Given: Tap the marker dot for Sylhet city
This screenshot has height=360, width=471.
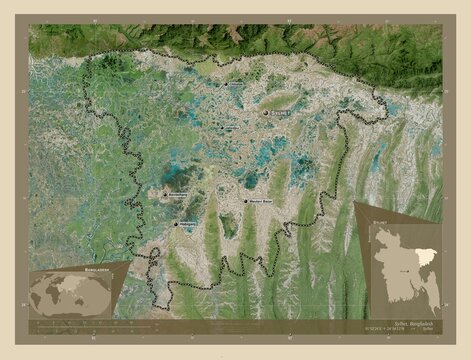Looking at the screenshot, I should (266, 113).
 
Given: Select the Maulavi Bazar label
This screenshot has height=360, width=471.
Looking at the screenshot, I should (262, 204).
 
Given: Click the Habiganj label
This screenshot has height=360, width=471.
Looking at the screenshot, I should (190, 225).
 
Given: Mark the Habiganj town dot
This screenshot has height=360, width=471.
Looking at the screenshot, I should (176, 224).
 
